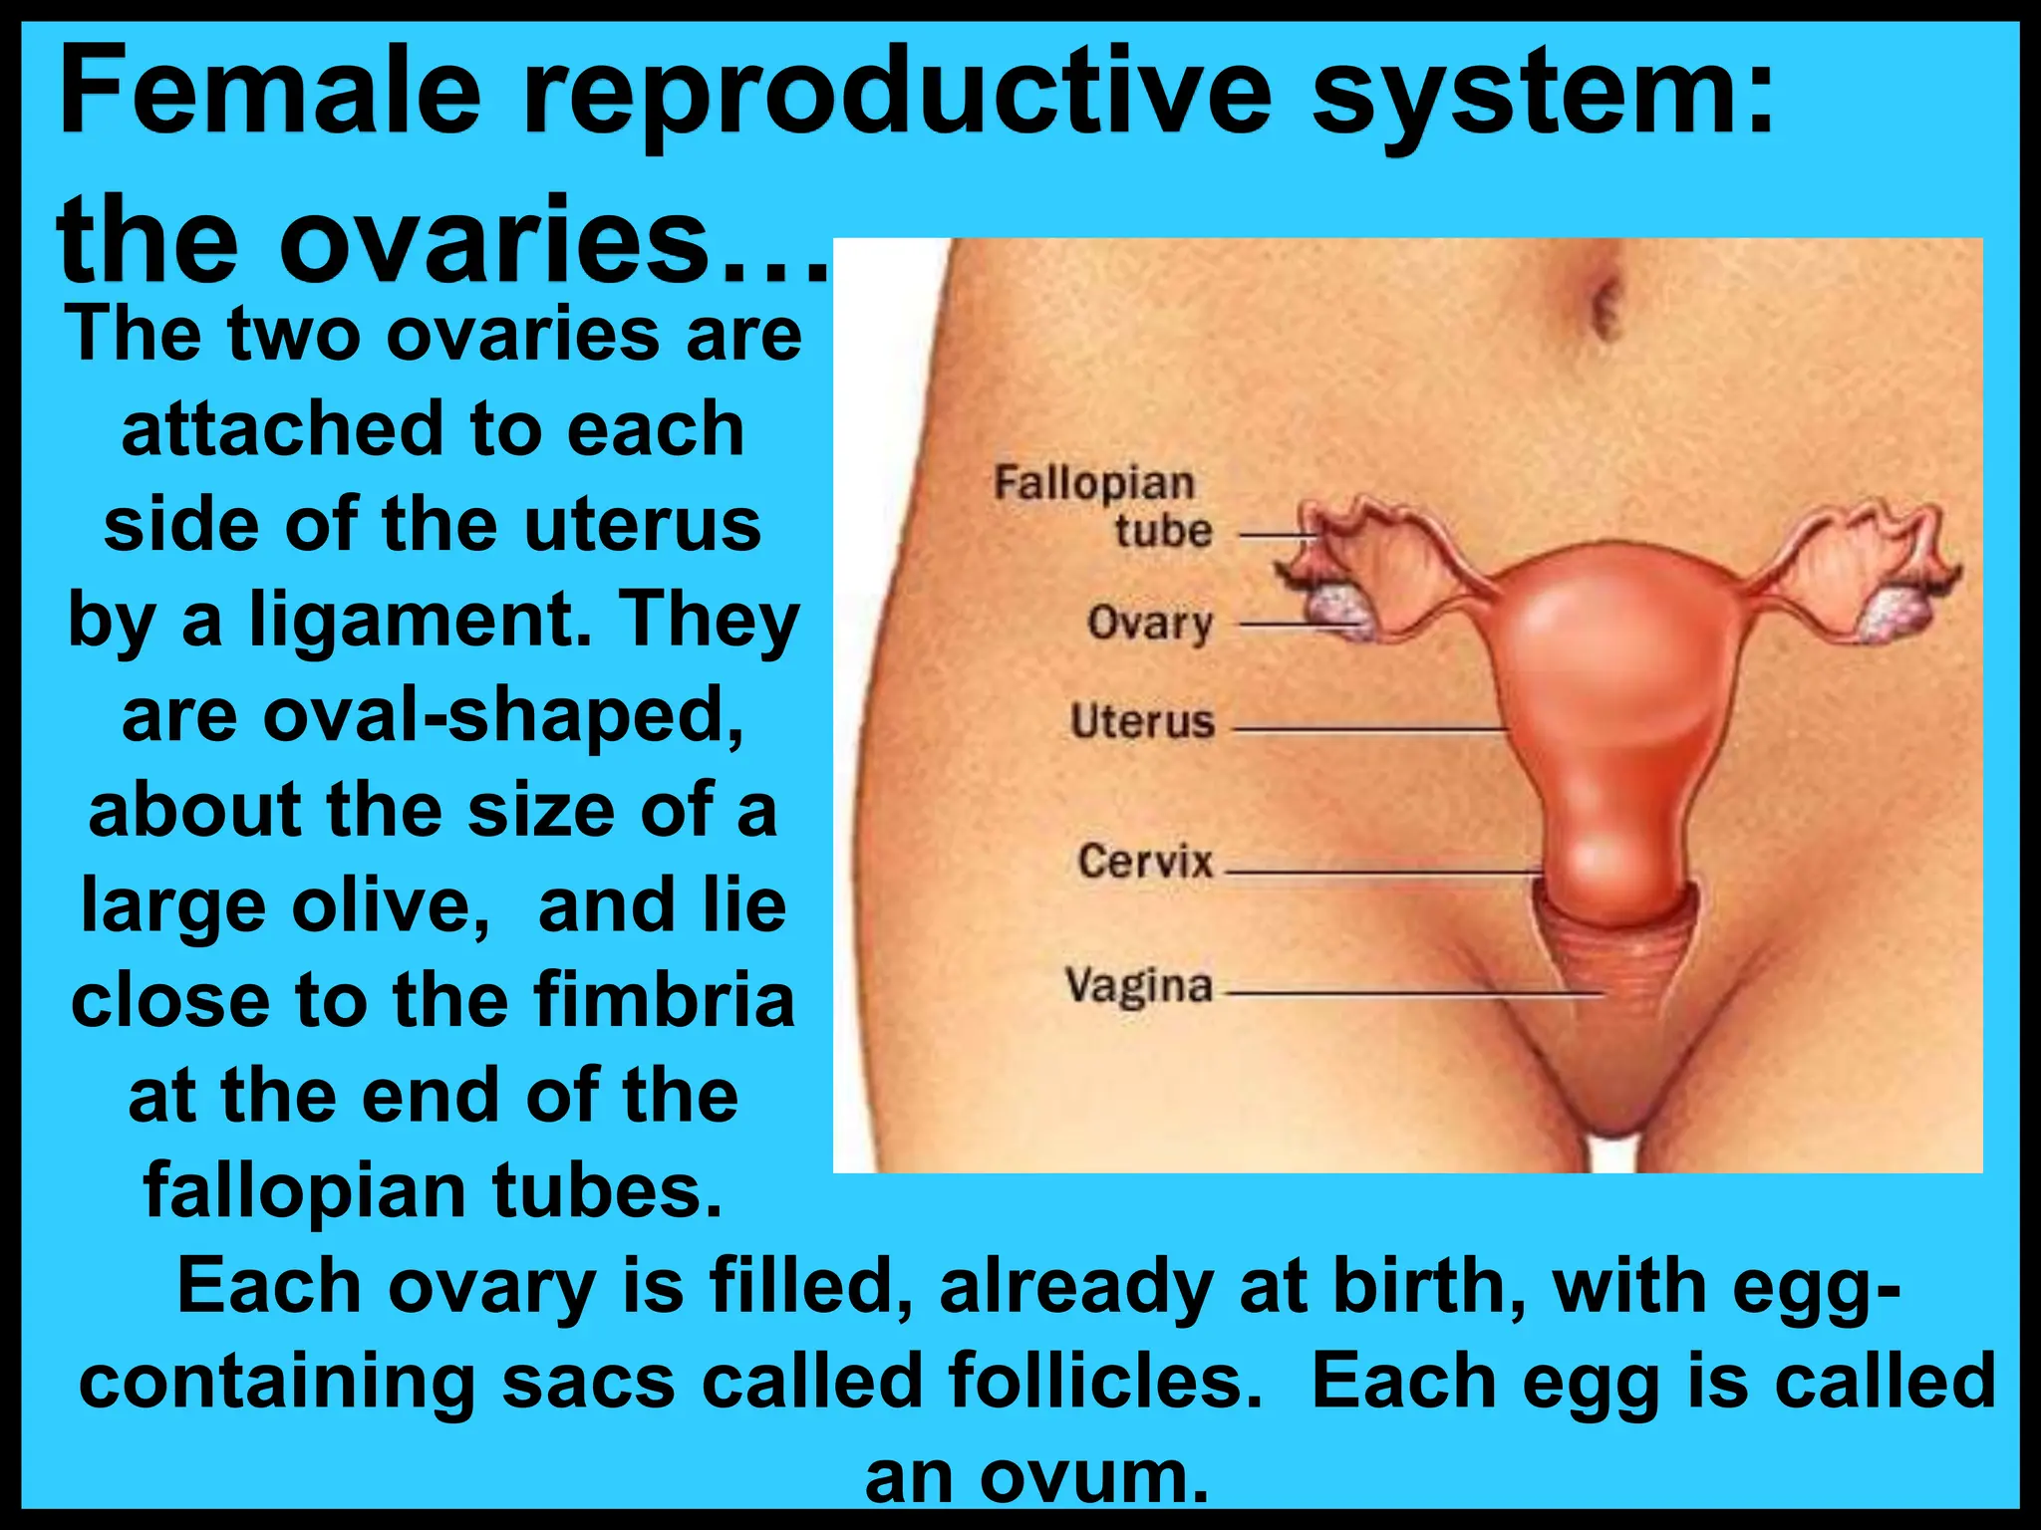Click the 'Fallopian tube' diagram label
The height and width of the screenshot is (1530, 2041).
[1104, 506]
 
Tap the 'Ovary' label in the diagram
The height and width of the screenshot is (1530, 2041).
[1150, 624]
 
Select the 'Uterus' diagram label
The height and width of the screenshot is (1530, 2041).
[1142, 721]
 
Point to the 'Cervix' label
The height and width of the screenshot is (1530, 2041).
[1145, 861]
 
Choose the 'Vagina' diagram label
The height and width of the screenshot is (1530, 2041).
[1139, 985]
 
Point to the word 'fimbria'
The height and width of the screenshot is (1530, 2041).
[664, 1000]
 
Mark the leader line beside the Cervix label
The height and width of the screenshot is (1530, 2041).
[1380, 872]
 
